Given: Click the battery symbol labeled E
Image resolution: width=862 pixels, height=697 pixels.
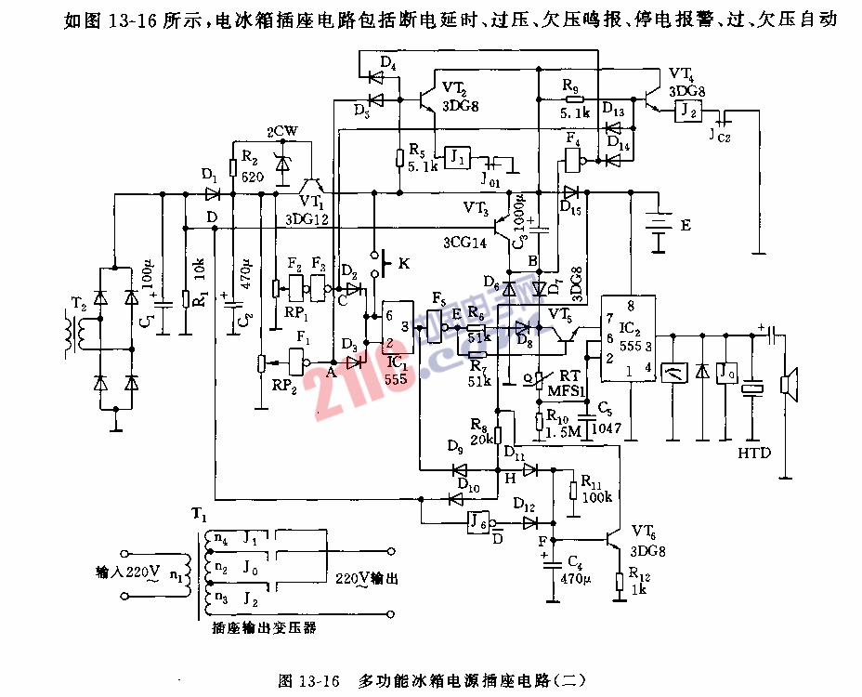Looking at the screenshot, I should (x=660, y=230).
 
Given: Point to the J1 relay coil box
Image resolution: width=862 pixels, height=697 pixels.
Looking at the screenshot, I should (x=457, y=155).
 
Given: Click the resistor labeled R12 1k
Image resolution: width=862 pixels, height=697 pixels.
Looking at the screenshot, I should (x=620, y=582).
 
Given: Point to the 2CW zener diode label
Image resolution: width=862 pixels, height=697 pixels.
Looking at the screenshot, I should (x=281, y=132).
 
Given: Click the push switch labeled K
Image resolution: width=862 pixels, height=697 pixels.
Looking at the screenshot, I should (x=379, y=263).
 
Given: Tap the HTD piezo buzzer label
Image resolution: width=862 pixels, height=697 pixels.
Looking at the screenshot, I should (x=753, y=454).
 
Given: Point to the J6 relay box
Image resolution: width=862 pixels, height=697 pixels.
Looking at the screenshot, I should (x=477, y=521).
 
